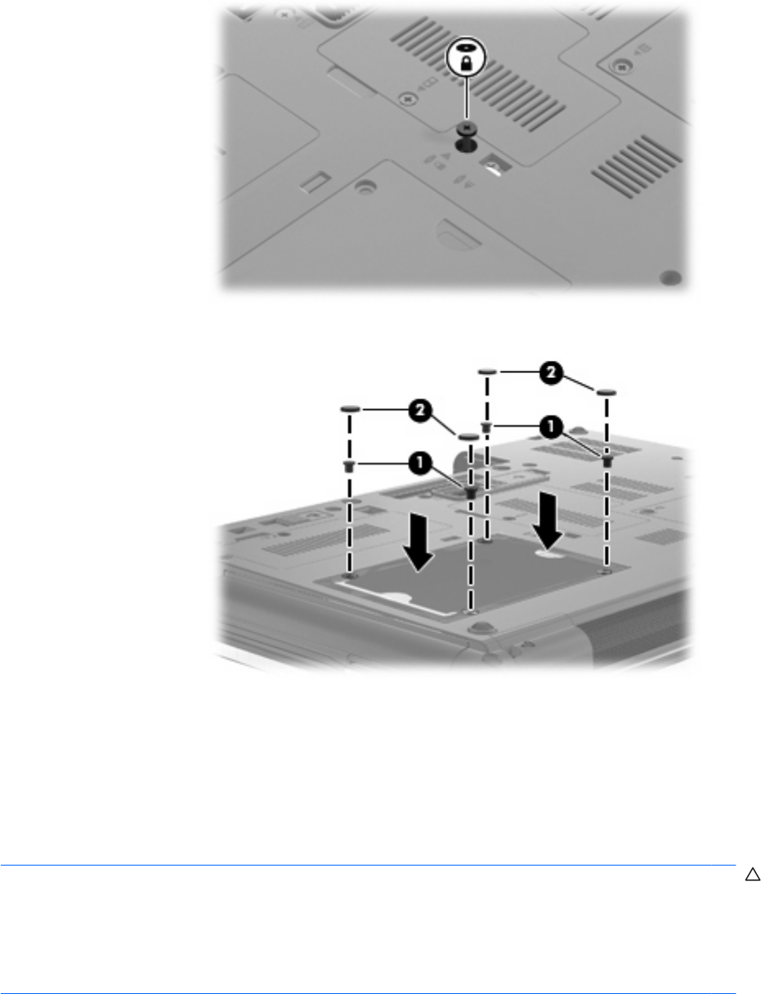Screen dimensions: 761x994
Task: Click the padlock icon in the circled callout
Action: (465, 64)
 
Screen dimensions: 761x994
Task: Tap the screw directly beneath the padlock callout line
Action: (465, 128)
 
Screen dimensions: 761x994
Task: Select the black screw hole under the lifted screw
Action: (465, 146)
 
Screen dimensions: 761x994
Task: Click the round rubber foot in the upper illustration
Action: (670, 277)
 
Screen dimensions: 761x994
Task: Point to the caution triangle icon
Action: (752, 875)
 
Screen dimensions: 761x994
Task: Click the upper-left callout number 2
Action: (419, 411)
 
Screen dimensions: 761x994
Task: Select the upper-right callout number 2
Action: (551, 373)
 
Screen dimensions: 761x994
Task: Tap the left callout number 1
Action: (419, 464)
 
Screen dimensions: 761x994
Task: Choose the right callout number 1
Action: (551, 426)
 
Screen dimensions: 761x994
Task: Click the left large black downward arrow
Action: (418, 542)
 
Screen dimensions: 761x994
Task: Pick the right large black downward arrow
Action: (548, 520)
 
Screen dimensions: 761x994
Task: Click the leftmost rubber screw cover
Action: (351, 408)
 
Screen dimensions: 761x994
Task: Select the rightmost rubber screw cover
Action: (606, 392)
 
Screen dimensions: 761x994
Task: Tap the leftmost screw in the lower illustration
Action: (350, 466)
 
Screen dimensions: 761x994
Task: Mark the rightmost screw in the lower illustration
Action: (607, 461)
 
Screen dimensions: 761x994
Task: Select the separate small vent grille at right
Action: (635, 166)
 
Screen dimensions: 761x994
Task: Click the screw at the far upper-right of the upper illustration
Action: (623, 65)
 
